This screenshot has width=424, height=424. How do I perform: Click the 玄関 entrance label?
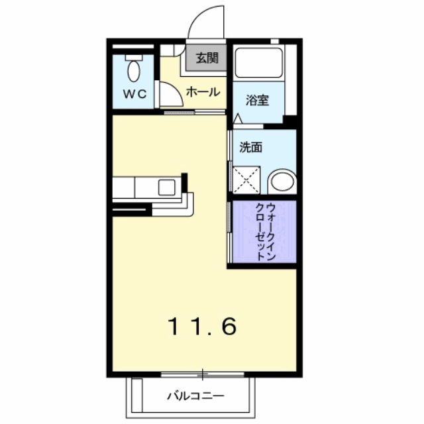(x=207, y=58)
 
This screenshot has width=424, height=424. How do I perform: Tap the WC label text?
(x=135, y=94)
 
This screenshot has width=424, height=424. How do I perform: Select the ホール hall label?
(x=203, y=92)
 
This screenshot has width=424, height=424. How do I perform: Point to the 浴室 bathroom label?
(x=257, y=100)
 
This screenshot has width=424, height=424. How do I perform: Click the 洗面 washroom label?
(x=251, y=147)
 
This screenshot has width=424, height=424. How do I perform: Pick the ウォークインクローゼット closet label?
(x=265, y=232)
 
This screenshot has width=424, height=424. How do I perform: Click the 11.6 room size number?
(x=203, y=327)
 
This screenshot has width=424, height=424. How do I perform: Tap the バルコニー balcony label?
(x=196, y=396)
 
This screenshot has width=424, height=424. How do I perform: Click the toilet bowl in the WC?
(x=134, y=71)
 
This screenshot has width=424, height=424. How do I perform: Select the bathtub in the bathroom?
(x=259, y=63)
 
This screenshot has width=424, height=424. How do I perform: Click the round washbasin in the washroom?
(x=282, y=181)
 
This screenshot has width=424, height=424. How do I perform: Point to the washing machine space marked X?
(x=246, y=180)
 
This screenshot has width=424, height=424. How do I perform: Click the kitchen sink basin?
(x=166, y=187)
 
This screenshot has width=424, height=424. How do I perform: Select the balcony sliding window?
(x=203, y=374)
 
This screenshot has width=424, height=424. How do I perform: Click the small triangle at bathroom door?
(x=238, y=119)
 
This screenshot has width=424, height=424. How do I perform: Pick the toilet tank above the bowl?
(x=134, y=58)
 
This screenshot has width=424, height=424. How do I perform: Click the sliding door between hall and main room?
(x=194, y=112)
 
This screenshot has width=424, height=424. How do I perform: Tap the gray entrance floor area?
(x=206, y=58)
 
